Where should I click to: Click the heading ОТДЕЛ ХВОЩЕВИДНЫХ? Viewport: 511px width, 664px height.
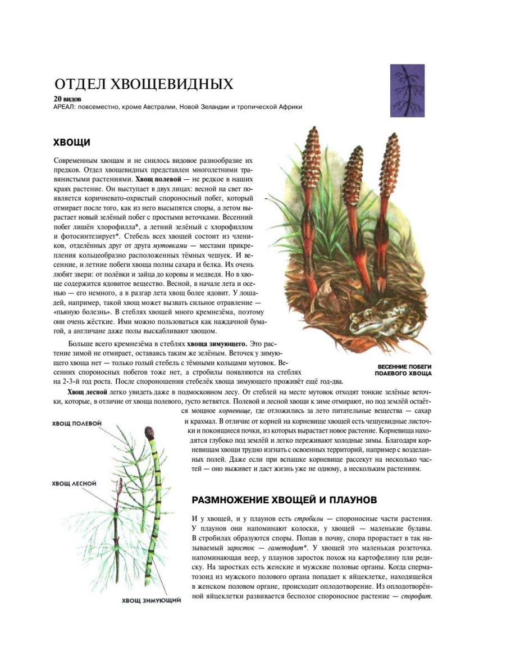[x=143, y=84]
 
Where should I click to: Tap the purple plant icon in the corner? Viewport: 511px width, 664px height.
[x=407, y=90]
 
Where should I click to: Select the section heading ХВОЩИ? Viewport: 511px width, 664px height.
[x=71, y=142]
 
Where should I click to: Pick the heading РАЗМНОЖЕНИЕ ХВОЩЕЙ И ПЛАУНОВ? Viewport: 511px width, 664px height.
[x=284, y=499]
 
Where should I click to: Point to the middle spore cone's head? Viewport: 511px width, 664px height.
[x=355, y=163]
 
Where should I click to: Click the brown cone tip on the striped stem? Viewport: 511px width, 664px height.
[x=149, y=433]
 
